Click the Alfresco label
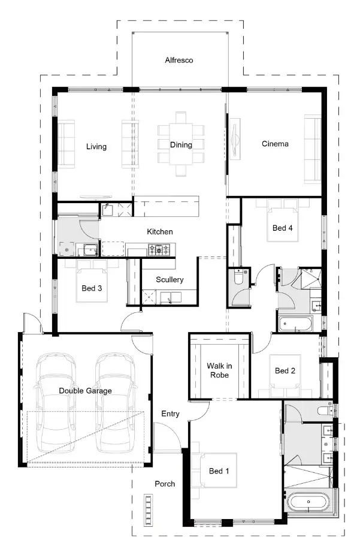pos(179,61)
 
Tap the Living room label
pos(96,146)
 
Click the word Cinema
pos(275,144)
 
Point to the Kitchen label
pos(160,231)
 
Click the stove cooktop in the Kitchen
pos(160,249)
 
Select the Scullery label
pos(170,280)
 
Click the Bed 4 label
pos(283,228)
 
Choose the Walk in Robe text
pos(218,370)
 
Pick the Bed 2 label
pos(285,371)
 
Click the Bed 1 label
pos(219,471)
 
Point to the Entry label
pos(170,414)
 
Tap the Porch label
pos(165,484)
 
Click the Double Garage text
pos(85,391)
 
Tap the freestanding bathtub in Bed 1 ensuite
pos(307,502)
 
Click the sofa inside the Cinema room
pos(312,149)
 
